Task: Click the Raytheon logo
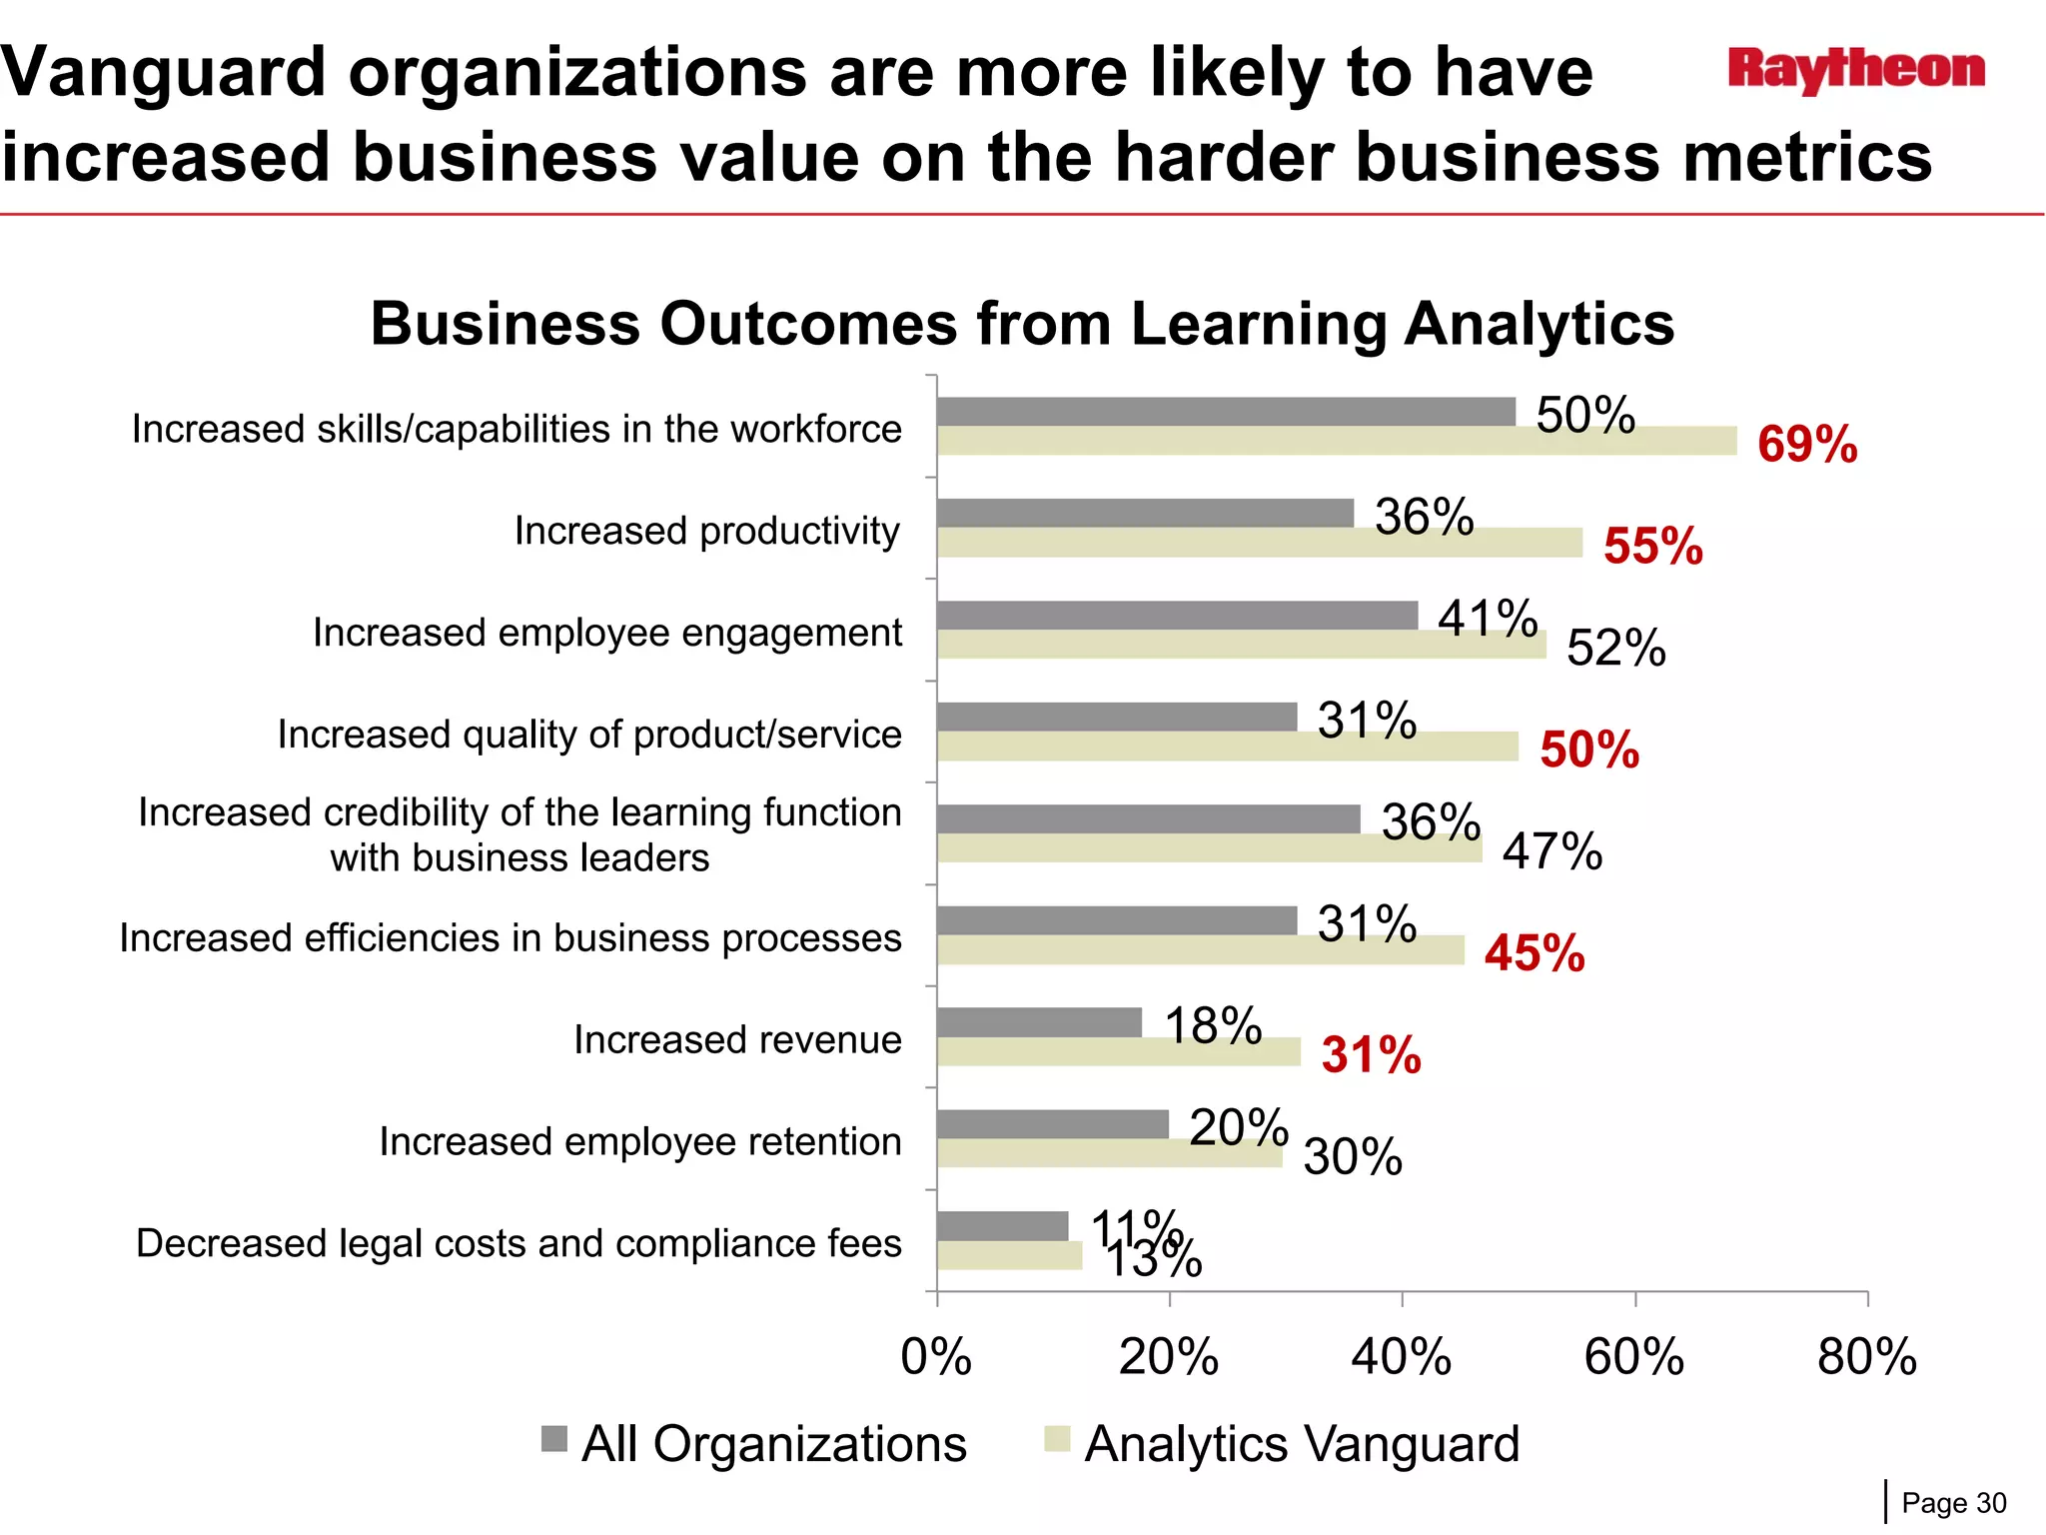coord(1856,70)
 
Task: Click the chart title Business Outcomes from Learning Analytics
coord(1022,324)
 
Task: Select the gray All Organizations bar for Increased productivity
coord(1145,514)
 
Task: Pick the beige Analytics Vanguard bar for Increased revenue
coord(1119,1051)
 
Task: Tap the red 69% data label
coord(1806,445)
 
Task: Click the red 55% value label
coord(1652,547)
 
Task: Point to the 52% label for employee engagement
coord(1615,648)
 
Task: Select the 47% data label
coord(1551,851)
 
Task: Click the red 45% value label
coord(1534,953)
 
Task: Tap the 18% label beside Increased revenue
coord(1213,1026)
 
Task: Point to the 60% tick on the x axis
coord(1634,1357)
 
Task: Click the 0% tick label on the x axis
coord(936,1357)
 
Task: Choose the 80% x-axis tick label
coord(1866,1357)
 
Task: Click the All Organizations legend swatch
coord(553,1439)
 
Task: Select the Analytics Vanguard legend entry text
coord(1302,1444)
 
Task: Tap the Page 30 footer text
coord(1953,1503)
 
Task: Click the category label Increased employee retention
coord(640,1141)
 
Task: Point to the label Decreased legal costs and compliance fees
coord(518,1243)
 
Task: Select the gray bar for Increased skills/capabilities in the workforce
coord(1226,412)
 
